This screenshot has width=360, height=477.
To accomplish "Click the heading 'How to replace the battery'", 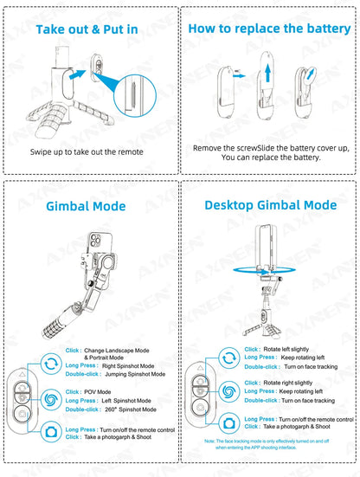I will [270, 28].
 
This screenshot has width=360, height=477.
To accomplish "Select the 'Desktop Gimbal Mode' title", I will [270, 205].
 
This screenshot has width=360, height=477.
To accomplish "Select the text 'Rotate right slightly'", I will [288, 382].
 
